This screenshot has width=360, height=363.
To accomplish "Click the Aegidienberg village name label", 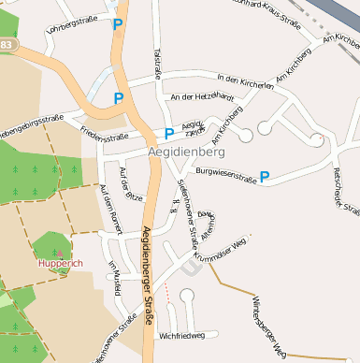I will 186,151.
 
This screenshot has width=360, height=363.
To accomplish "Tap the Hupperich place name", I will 61,263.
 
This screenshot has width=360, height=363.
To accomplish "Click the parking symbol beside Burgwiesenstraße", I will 265,176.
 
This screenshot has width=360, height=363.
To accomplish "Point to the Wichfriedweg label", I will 181,334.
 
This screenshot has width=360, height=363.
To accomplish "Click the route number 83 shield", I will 7,44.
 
